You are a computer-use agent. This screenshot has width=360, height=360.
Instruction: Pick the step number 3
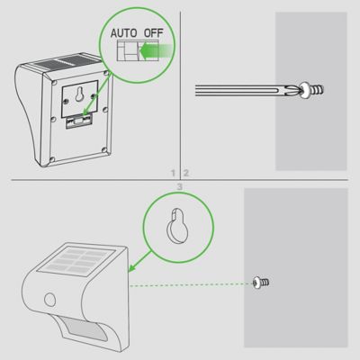180,185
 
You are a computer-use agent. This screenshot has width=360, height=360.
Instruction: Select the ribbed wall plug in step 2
320,89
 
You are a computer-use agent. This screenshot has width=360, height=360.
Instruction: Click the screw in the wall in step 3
260,283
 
